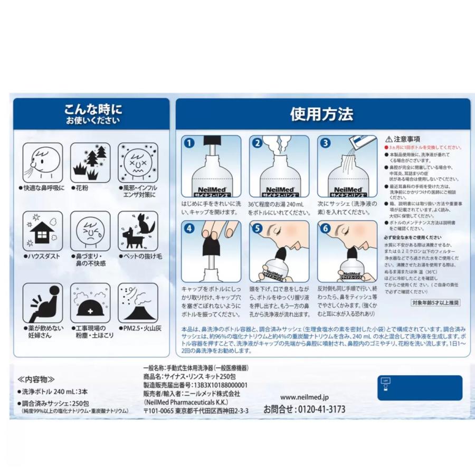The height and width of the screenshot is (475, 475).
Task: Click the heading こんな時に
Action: pyautogui.click(x=92, y=109)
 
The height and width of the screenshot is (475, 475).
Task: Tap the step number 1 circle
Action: pyautogui.click(x=188, y=142)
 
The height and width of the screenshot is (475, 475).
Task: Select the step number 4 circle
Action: pyautogui.click(x=188, y=228)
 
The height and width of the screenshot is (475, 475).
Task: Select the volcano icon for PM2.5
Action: pyautogui.click(x=137, y=303)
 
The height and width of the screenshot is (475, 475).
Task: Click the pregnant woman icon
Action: pyautogui.click(x=43, y=303)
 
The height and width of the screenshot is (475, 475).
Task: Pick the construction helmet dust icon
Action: pyautogui.click(x=90, y=303)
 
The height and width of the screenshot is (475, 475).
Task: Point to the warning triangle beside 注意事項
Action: pyautogui.click(x=388, y=138)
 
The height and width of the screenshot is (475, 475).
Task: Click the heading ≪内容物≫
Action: pyautogui.click(x=36, y=379)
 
